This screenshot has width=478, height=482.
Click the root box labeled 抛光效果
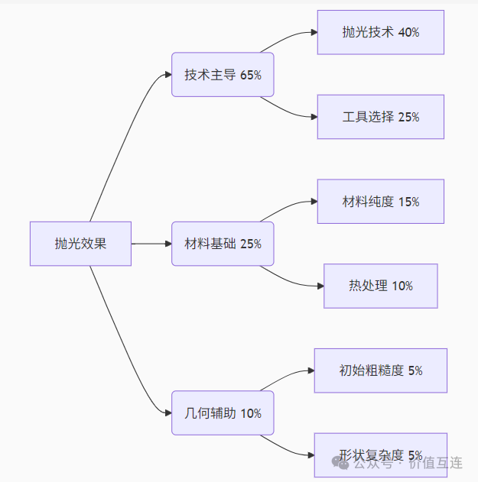click(x=80, y=244)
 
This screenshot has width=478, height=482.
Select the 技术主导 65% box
click(x=223, y=75)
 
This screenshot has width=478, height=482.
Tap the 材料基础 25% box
click(x=223, y=244)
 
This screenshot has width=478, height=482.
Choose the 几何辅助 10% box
click(x=223, y=412)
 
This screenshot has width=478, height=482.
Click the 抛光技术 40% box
click(x=381, y=32)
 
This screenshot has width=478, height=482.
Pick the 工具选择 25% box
click(x=381, y=117)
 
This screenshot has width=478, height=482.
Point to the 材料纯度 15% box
click(x=381, y=202)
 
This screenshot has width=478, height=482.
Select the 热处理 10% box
click(x=381, y=286)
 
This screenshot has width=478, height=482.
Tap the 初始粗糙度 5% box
click(x=381, y=370)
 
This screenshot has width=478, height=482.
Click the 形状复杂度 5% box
click(x=381, y=455)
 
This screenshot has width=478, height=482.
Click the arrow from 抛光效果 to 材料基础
click(x=151, y=244)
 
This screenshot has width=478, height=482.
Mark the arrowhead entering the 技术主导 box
click(x=168, y=75)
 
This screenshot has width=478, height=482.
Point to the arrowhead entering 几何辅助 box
click(x=168, y=412)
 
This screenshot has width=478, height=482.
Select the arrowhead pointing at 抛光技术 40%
click(x=314, y=32)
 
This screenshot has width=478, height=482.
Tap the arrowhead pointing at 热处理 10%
click(x=320, y=286)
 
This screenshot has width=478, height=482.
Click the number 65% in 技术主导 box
click(x=251, y=75)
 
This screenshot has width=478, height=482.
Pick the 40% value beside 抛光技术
click(x=408, y=32)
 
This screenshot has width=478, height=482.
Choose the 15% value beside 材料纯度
click(x=408, y=202)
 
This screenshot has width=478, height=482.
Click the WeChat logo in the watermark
click(x=340, y=463)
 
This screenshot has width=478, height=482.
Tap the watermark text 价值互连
click(x=436, y=463)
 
